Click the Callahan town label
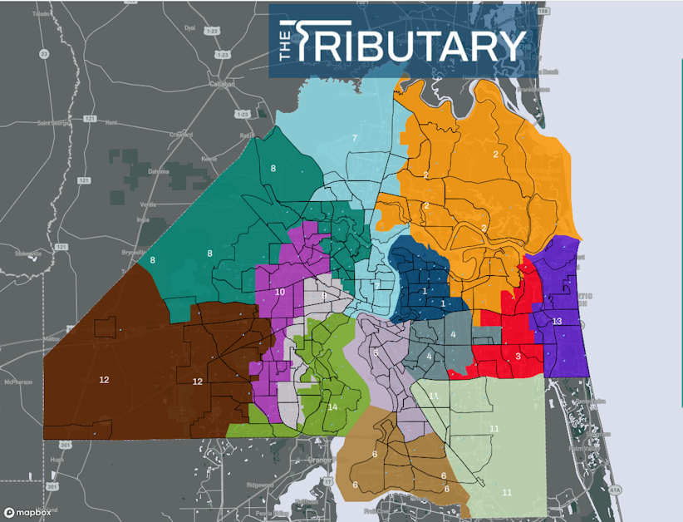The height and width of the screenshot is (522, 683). coord(222,84)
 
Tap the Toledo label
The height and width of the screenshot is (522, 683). coord(40,14)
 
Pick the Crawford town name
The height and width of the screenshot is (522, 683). coord(180,135)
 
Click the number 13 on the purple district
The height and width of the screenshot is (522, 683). coord(557,321)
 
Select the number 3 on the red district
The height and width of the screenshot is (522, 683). coord(518,356)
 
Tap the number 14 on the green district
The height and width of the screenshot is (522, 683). coord(332,406)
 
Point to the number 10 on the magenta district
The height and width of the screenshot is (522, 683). coord(279,292)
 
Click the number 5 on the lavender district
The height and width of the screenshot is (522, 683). coord(376,352)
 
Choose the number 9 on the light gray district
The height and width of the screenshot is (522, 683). coord(324,295)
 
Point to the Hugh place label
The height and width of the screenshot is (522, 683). coord(57,459)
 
